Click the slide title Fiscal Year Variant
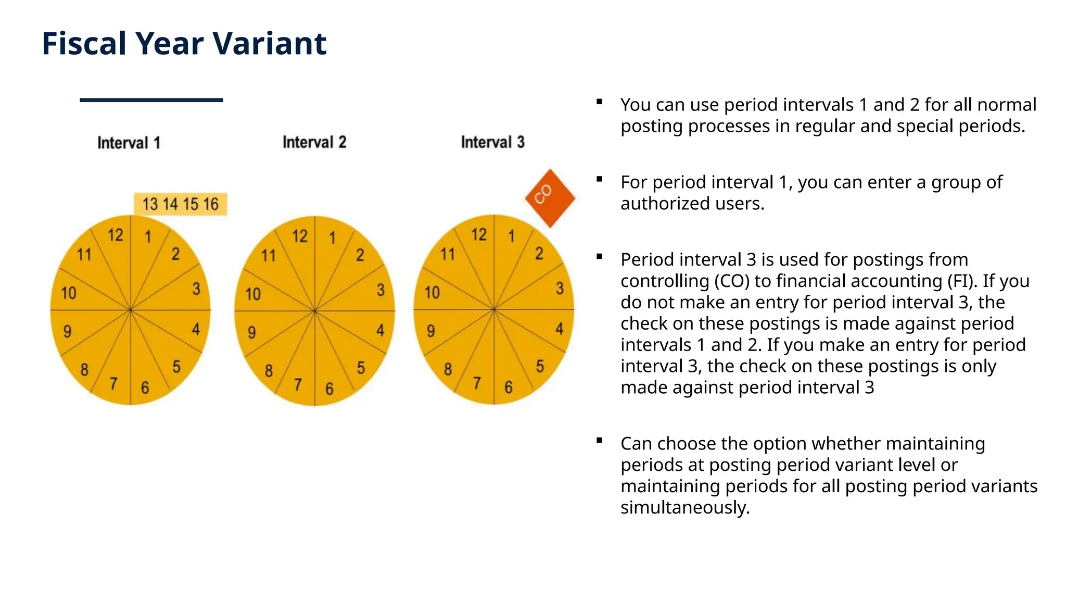184,43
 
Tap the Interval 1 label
129,143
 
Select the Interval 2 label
314,142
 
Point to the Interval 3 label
492,142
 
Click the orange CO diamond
549,198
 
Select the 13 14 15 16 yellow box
180,204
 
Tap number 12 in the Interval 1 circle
116,235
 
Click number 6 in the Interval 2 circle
329,389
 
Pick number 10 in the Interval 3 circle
432,293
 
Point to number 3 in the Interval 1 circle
196,289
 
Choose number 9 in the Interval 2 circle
251,332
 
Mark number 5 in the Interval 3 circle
540,366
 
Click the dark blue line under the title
151,100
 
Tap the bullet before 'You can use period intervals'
600,102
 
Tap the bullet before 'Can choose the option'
600,441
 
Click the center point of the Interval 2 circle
314,311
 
